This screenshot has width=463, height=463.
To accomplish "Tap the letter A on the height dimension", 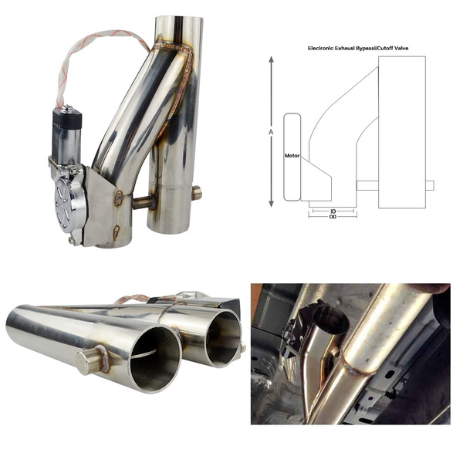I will coord(272,132).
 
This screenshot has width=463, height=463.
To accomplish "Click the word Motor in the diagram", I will coord(292,156).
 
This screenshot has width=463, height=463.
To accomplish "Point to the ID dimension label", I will coord(332,209).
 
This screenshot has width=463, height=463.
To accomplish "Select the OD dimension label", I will coord(332,217).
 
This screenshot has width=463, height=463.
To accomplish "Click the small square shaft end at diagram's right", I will coord(429,185).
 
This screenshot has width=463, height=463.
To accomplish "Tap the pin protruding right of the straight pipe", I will coord(197,192).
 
